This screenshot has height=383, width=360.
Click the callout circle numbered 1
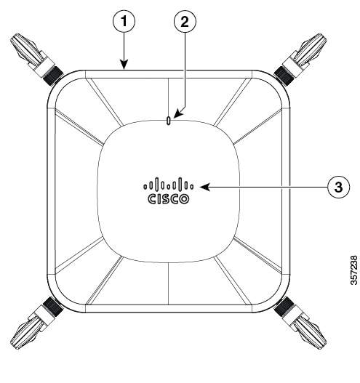pos(124,22)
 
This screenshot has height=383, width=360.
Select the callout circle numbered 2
pos(185,22)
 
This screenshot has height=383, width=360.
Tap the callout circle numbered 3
pos(338,188)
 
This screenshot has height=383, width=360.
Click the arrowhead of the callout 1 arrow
pos(124,65)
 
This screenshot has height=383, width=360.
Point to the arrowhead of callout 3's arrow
pos(204,187)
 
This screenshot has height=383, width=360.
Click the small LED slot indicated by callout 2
pos(168,121)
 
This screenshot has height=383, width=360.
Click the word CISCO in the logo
pos(169,199)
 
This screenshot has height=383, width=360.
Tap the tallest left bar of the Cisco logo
pos(156,184)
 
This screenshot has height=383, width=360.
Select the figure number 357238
pos(353,270)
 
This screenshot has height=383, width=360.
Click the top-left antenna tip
pos(12,36)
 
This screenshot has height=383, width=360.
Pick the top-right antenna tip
pos(324,36)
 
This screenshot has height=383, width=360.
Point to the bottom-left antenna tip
pos(13,346)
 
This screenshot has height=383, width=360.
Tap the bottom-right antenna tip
pos(324,346)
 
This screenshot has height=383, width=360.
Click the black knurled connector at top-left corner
pos(53,76)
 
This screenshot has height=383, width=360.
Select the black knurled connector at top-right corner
pos(284,76)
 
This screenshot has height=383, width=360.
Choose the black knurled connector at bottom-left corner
pos(53,307)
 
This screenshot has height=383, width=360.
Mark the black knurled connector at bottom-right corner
pos(284,307)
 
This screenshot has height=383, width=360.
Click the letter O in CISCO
pos(184,199)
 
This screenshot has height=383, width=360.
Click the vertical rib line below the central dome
pos(169,284)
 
